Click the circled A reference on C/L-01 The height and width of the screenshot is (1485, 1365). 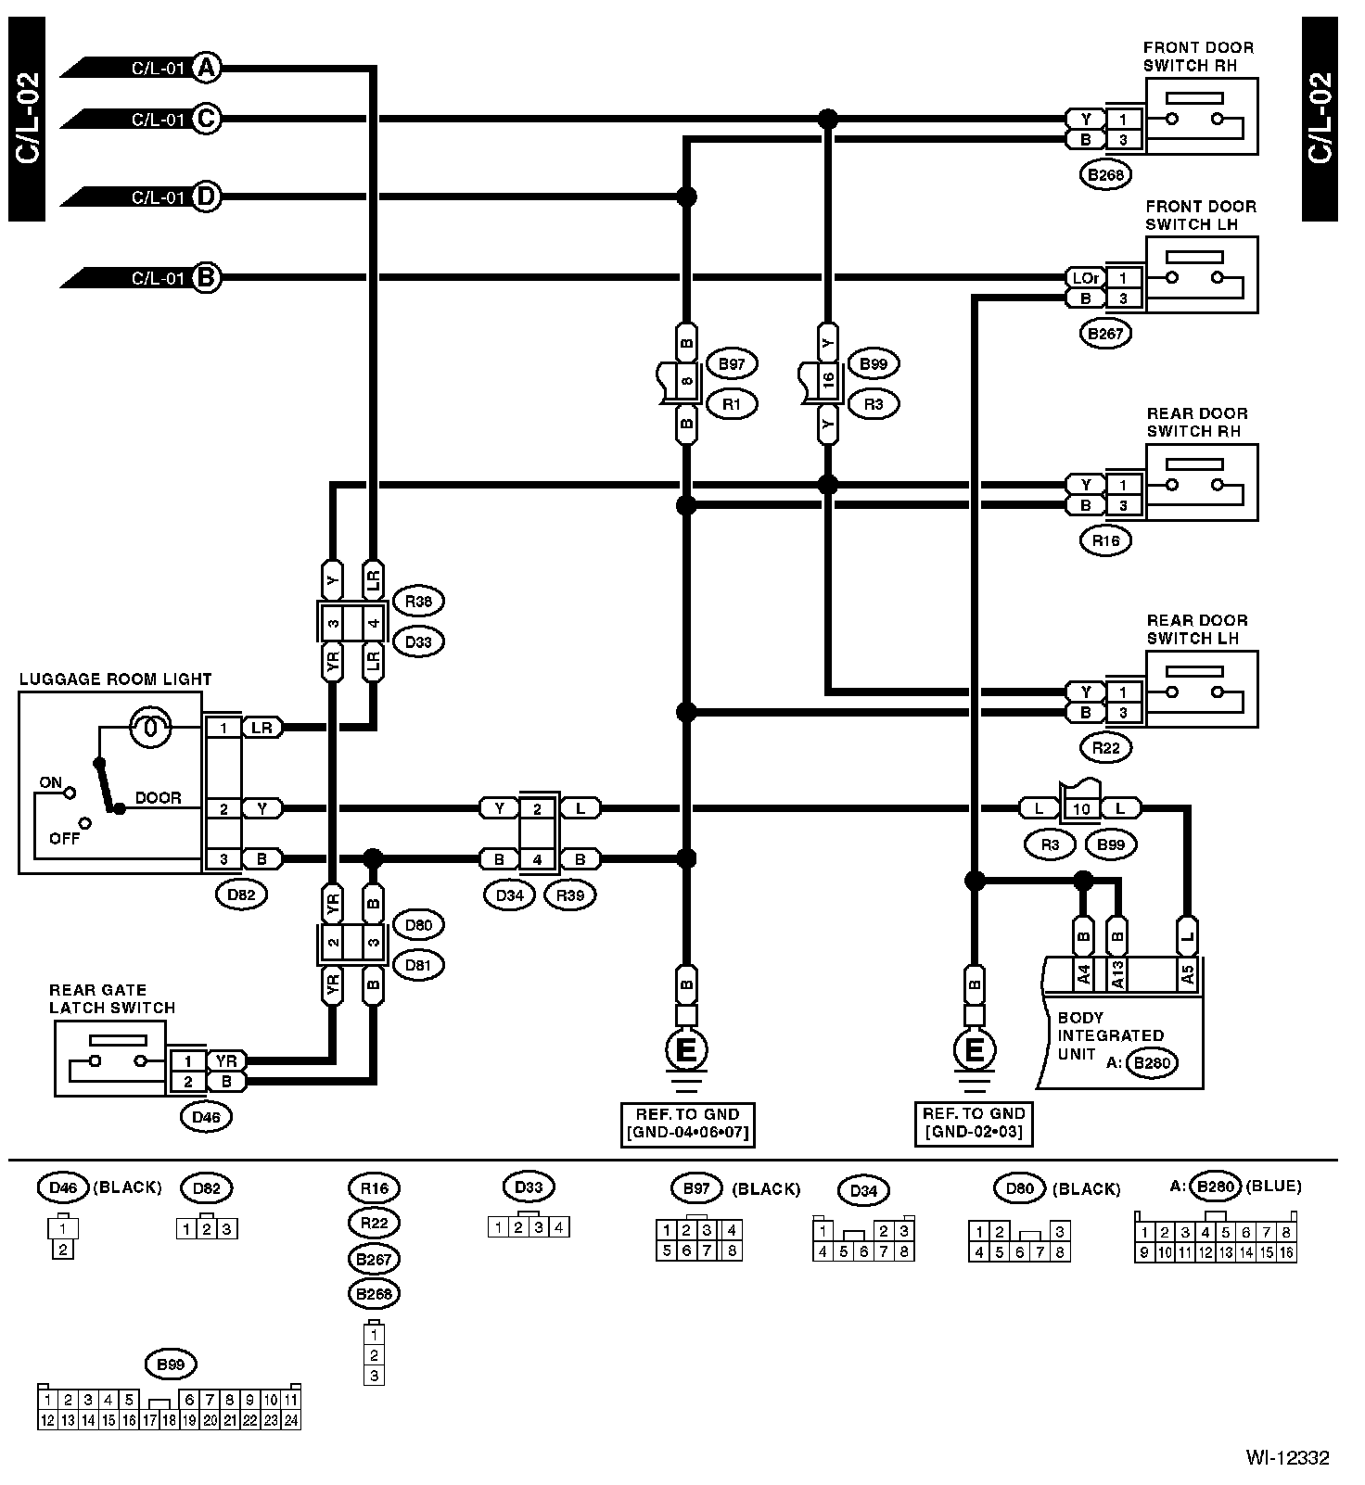tap(207, 67)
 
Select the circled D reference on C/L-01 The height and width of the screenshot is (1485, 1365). tap(207, 197)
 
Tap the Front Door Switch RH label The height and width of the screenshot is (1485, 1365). tap(1198, 57)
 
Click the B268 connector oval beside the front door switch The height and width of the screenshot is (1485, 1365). tap(1105, 173)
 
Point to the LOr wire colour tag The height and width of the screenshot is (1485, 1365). tap(1085, 277)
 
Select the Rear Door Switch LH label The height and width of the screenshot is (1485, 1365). tap(1197, 629)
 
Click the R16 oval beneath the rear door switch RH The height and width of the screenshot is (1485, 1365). tap(1105, 540)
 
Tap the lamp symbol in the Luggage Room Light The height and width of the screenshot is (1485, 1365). tap(149, 727)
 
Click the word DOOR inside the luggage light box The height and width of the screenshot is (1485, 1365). tap(159, 797)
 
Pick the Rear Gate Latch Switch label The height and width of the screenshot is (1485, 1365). tap(112, 998)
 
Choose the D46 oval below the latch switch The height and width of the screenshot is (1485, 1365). tap(206, 1117)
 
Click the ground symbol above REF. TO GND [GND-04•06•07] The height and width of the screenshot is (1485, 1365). tap(686, 1053)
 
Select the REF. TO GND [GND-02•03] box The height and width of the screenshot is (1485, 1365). tap(974, 1123)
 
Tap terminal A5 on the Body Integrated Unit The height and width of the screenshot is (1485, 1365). tap(1186, 973)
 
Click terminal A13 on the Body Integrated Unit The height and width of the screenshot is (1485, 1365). tap(1118, 973)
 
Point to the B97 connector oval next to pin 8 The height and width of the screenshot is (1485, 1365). tap(732, 364)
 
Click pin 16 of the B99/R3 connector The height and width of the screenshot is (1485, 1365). tap(828, 382)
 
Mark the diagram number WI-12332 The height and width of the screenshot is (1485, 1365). tap(1288, 1458)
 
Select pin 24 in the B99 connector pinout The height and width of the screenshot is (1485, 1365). tap(291, 1419)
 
